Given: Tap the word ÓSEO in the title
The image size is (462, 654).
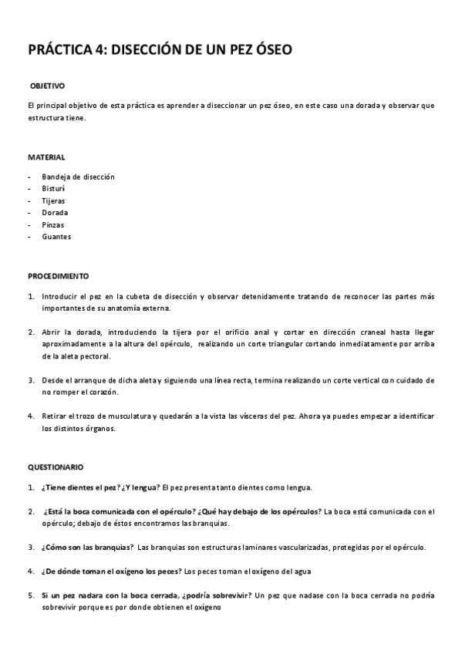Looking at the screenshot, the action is pyautogui.click(x=269, y=50).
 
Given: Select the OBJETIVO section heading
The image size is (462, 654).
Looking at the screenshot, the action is pyautogui.click(x=47, y=85).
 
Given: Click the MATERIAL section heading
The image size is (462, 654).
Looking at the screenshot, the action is pyautogui.click(x=46, y=157).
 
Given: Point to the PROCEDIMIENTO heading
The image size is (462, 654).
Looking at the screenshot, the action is pyautogui.click(x=59, y=275).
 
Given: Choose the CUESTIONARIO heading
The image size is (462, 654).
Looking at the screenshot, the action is pyautogui.click(x=56, y=467).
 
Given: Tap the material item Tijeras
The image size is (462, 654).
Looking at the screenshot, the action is pyautogui.click(x=54, y=201).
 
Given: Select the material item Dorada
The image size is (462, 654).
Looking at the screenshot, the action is pyautogui.click(x=55, y=212).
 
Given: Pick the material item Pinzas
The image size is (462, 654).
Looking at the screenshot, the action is pyautogui.click(x=53, y=224).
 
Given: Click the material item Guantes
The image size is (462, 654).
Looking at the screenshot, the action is pyautogui.click(x=56, y=237).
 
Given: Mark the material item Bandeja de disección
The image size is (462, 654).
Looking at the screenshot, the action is pyautogui.click(x=78, y=177).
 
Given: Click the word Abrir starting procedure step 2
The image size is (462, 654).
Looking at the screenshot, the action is pyautogui.click(x=52, y=332).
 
